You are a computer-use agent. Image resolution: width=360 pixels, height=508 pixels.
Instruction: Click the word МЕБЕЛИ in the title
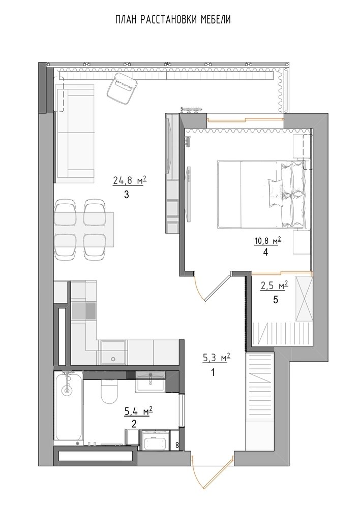pos(215,20)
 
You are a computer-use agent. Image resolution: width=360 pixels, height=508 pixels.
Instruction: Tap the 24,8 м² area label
pos(130,180)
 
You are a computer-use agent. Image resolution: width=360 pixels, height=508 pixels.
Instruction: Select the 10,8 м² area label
pos(267,241)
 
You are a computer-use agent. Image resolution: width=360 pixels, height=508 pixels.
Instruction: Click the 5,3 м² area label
pos(216,358)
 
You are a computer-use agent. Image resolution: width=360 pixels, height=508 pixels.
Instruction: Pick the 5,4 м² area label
pos(138,411)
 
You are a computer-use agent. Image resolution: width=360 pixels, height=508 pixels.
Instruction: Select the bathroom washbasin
pos(150,382)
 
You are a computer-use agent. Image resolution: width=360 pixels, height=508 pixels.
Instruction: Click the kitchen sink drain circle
pos(113,359)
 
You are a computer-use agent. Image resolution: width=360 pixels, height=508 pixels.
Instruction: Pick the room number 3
pos(127,195)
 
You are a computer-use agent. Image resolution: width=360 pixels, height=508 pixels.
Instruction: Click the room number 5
pos(276,300)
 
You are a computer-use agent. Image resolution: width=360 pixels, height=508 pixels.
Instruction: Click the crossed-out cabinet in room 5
pos(304,298)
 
